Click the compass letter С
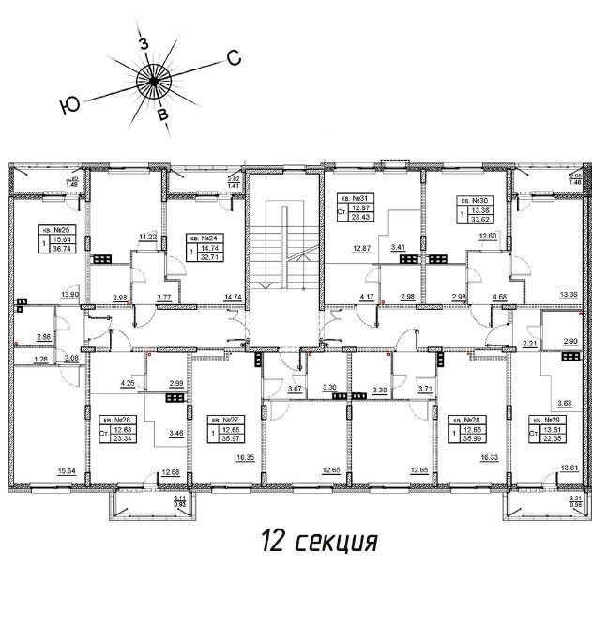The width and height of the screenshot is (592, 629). click(234, 58)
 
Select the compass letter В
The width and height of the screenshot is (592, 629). click(163, 115)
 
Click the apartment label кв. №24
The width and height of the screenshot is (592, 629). click(204, 238)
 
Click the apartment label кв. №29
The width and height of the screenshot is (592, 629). click(544, 421)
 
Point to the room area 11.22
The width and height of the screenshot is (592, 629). click(146, 238)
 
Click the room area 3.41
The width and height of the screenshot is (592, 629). click(399, 248)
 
